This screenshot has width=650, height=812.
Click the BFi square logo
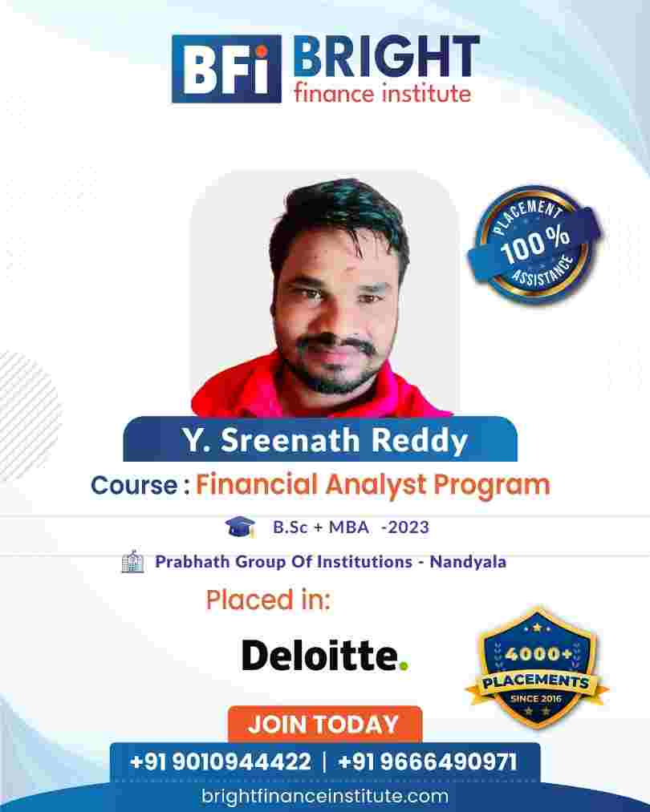point(226,69)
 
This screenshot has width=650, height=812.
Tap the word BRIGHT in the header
point(386,56)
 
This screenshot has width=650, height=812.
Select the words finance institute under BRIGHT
point(383,93)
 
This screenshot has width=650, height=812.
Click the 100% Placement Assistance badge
point(534,243)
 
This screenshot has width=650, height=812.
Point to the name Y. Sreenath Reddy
point(324,440)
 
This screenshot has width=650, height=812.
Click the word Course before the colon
point(134,485)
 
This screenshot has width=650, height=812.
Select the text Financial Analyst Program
point(372,486)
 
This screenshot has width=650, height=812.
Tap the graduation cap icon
point(240,527)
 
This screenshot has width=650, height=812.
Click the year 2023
point(408,527)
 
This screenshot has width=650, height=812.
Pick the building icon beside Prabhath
point(132,561)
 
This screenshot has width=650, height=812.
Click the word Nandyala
point(468,562)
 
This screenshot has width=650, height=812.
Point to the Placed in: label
point(268,600)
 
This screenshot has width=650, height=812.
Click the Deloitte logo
point(325,655)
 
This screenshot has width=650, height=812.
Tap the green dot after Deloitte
point(404,665)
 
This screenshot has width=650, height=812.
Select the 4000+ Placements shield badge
point(537,668)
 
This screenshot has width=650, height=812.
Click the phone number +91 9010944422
point(221,762)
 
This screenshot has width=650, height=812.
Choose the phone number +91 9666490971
point(428,762)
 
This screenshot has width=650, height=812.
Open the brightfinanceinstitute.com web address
point(325,796)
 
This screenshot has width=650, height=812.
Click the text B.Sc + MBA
point(321,527)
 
